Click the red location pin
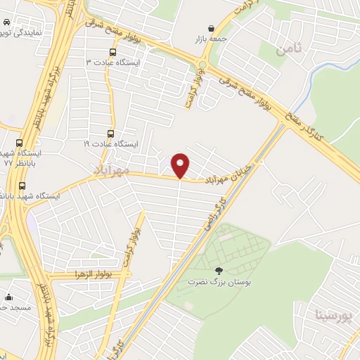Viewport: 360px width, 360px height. (181, 165)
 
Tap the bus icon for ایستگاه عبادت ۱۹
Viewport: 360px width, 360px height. (110, 134)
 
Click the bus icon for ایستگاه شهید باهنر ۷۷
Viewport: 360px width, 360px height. (24, 186)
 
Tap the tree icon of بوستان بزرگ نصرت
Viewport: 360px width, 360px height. (217, 270)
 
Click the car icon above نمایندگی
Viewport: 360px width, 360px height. (5, 24)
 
